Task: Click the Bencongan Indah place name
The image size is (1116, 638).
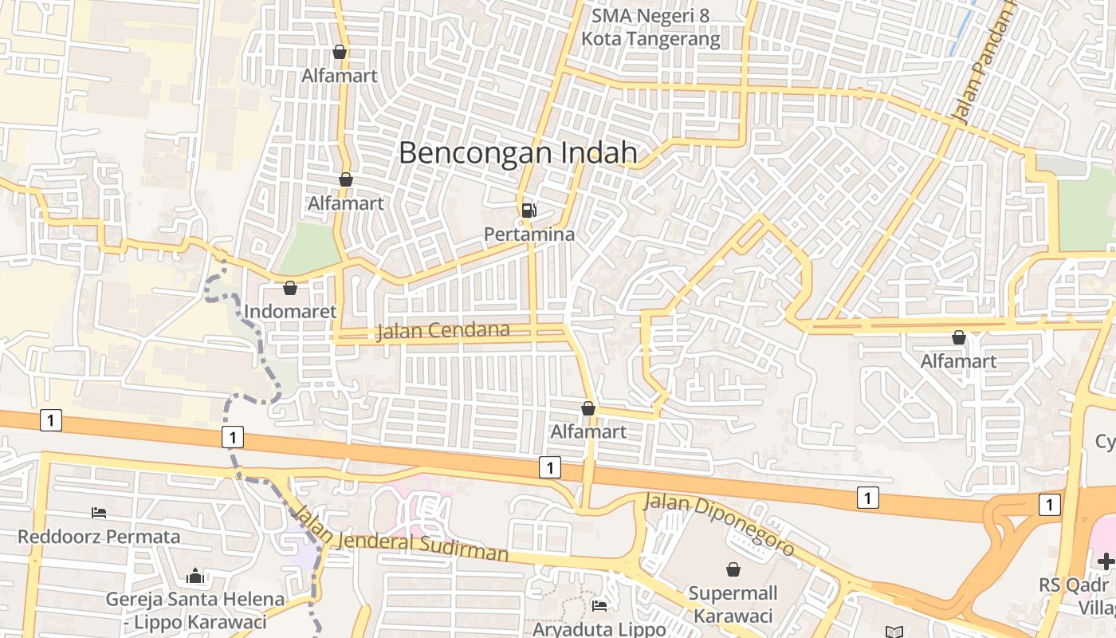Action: (x=518, y=152)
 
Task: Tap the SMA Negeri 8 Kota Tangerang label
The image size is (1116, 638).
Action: (x=650, y=27)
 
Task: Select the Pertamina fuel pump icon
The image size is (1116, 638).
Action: (x=529, y=211)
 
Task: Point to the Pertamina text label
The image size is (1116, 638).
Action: (x=529, y=234)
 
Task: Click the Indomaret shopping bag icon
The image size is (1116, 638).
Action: (x=290, y=288)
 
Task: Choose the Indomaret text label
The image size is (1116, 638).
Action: (x=290, y=311)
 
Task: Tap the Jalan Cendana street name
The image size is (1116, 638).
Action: (x=442, y=330)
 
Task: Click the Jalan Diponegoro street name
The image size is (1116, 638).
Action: (x=719, y=524)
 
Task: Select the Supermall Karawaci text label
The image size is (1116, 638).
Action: (x=733, y=605)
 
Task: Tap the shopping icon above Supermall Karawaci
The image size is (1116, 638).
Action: (x=733, y=569)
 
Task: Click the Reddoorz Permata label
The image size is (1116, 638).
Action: (x=99, y=536)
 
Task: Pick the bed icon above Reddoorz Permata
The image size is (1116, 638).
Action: (x=99, y=512)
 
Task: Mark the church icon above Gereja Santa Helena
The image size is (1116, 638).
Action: (x=195, y=576)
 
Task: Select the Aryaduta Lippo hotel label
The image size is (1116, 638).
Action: (x=599, y=628)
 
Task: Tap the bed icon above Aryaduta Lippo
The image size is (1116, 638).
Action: (x=599, y=606)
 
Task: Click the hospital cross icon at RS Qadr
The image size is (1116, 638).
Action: (x=1106, y=561)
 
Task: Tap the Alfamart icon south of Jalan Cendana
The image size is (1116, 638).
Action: (x=588, y=408)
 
